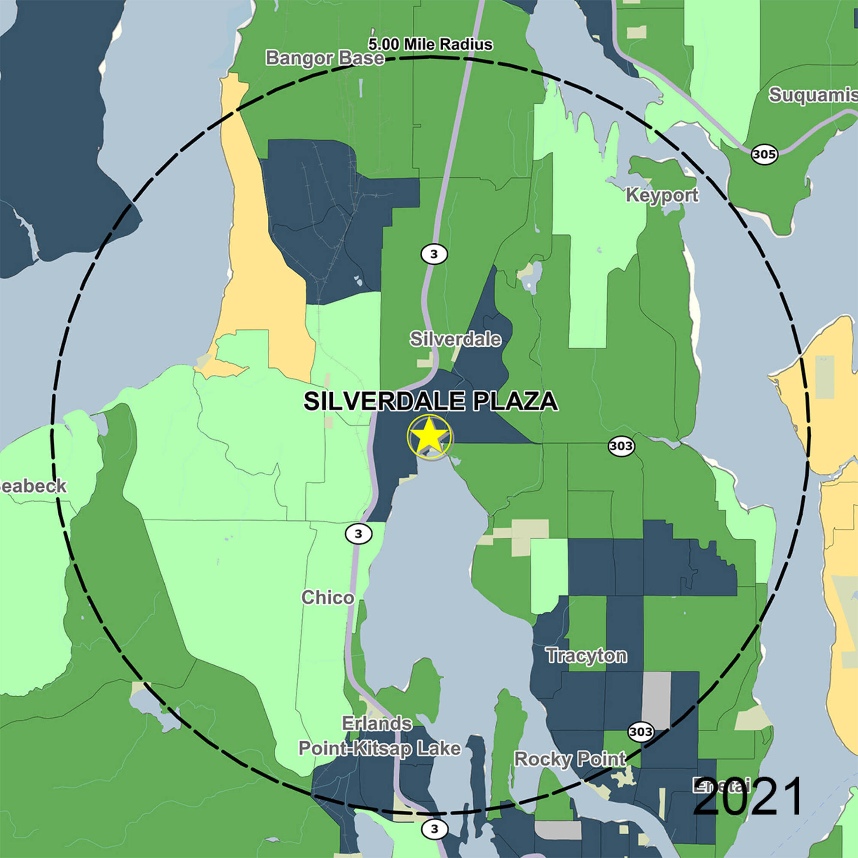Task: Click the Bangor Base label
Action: [x=325, y=58]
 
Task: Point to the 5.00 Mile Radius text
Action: [x=430, y=45]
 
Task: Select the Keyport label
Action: [x=662, y=195]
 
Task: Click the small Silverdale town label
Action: [x=455, y=339]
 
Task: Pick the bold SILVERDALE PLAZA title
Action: [x=430, y=402]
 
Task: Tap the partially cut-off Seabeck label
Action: [x=33, y=486]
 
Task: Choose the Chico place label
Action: [x=328, y=598]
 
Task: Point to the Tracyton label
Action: [x=586, y=656]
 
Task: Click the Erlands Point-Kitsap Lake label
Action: [x=379, y=736]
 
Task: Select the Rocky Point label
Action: [x=570, y=759]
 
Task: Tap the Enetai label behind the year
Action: [x=722, y=786]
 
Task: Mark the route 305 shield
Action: [x=764, y=154]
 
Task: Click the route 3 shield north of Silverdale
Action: [x=434, y=254]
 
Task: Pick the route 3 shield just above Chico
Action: [x=358, y=534]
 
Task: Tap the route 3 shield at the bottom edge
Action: [x=434, y=829]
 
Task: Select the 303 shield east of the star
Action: [x=621, y=445]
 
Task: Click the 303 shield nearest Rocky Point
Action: [x=641, y=731]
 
